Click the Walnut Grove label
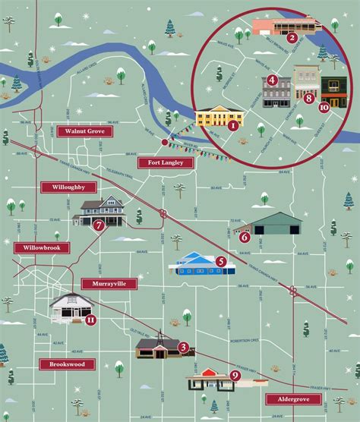coord(84,131)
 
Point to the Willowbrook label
coord(42,247)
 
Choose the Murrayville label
coord(109,284)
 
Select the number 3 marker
coord(183,348)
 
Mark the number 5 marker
coord(221,262)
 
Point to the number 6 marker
coord(245,237)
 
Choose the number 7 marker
coord(98,225)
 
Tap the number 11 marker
coord(90,320)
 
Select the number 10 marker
coord(324,108)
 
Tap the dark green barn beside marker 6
coord(272,224)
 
